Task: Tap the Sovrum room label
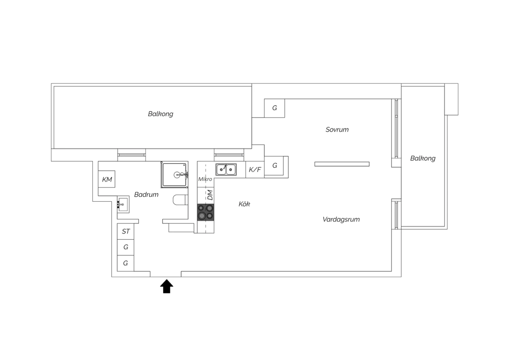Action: [337, 130]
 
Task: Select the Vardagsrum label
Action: [341, 219]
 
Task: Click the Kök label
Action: [244, 204]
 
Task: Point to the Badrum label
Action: [146, 195]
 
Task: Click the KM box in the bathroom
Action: [107, 179]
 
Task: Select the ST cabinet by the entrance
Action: [126, 231]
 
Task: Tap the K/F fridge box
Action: [255, 169]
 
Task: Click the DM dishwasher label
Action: [210, 195]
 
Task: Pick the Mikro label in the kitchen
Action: [205, 179]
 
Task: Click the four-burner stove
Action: [206, 212]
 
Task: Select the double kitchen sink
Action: [226, 169]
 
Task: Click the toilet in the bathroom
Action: [181, 200]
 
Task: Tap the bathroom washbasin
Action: [123, 204]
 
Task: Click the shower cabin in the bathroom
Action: [174, 175]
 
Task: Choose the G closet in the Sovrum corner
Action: [275, 108]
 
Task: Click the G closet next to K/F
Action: [275, 165]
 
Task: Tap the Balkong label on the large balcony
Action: [161, 114]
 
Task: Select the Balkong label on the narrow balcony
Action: [423, 158]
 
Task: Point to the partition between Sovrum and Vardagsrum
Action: [342, 164]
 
